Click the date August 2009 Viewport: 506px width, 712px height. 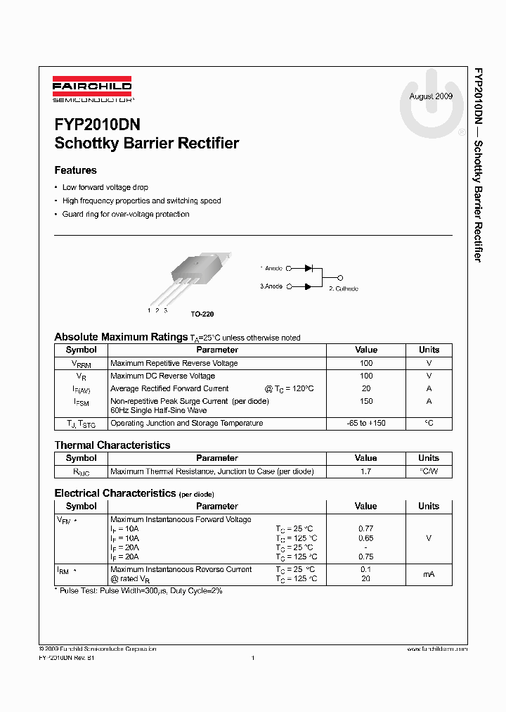431,96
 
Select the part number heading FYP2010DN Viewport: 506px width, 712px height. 98,125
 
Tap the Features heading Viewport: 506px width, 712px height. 76,170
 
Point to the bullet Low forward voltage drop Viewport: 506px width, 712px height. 105,188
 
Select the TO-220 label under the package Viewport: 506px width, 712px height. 202,314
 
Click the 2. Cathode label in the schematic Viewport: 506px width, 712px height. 344,288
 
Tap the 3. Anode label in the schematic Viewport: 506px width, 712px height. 271,286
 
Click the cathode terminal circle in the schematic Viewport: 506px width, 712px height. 341,277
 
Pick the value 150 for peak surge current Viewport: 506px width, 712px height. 366,401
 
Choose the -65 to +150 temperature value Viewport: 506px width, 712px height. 366,424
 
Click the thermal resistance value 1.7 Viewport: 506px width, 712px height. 366,471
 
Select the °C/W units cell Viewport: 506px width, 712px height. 429,471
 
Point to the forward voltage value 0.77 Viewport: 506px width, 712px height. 366,528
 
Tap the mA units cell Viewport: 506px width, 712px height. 429,574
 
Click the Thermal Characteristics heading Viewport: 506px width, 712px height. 112,445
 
